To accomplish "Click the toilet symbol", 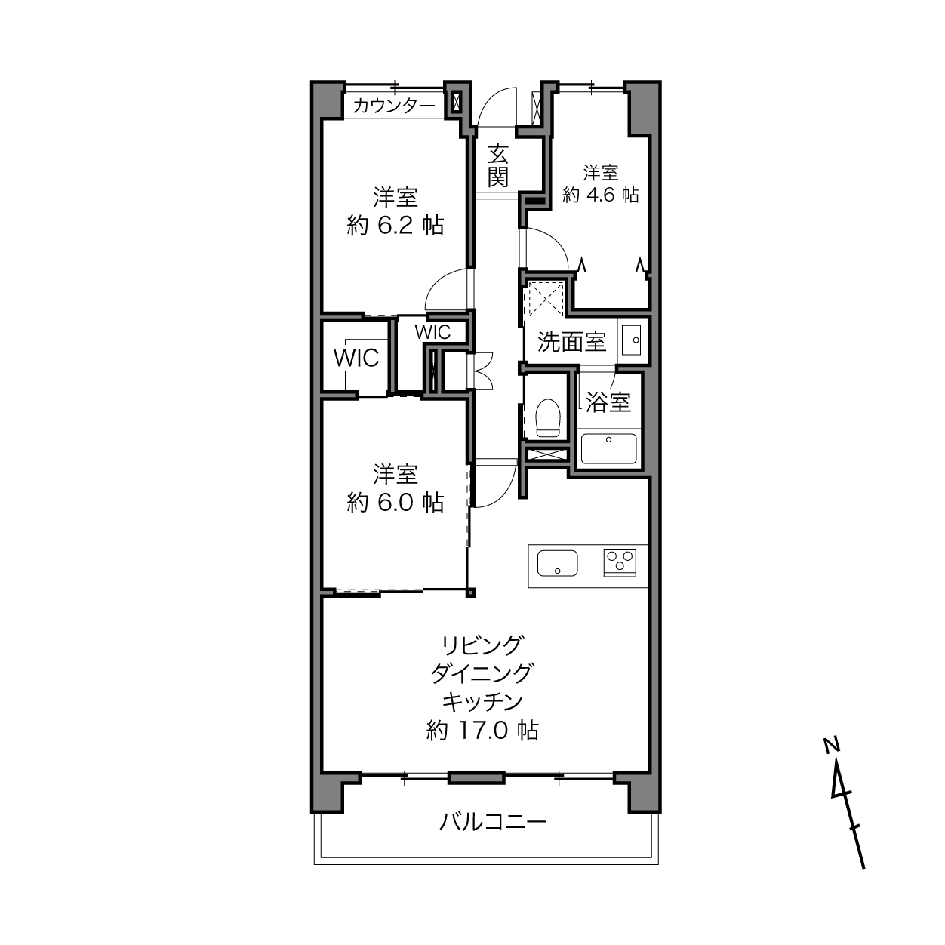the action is click(x=548, y=417).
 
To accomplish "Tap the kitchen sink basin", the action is click(x=557, y=563).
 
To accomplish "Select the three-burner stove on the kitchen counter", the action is click(x=620, y=562).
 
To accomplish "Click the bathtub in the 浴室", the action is click(x=608, y=448).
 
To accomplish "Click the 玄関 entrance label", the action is click(x=497, y=165).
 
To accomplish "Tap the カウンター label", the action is click(x=394, y=106).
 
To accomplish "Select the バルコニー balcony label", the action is click(x=493, y=821).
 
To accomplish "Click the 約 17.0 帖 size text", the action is click(x=482, y=731).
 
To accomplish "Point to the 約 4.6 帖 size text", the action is click(x=601, y=195).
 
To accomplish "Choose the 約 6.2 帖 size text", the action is click(x=396, y=226).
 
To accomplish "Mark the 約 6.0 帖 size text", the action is click(x=396, y=503).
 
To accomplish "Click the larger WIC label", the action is click(x=356, y=358).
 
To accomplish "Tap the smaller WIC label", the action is click(x=432, y=332).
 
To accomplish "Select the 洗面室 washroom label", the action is click(x=572, y=342).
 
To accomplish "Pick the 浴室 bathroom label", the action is click(x=608, y=402).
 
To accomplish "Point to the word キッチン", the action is click(x=482, y=702).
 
